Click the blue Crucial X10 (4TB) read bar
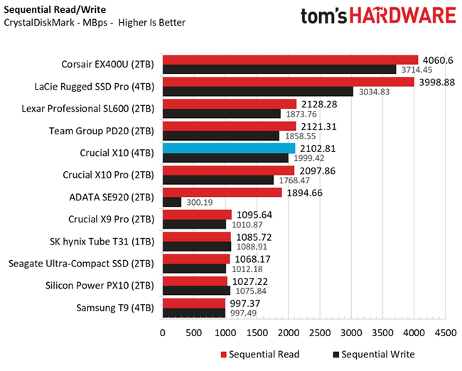click(x=229, y=148)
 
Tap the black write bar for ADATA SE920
click(x=172, y=202)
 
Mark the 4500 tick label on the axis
click(x=446, y=332)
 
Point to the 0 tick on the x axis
click(x=163, y=332)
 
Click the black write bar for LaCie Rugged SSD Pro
click(x=258, y=91)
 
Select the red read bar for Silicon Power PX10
click(x=195, y=281)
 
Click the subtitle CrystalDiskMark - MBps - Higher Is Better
click(x=95, y=23)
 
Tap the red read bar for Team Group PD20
click(x=230, y=126)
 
